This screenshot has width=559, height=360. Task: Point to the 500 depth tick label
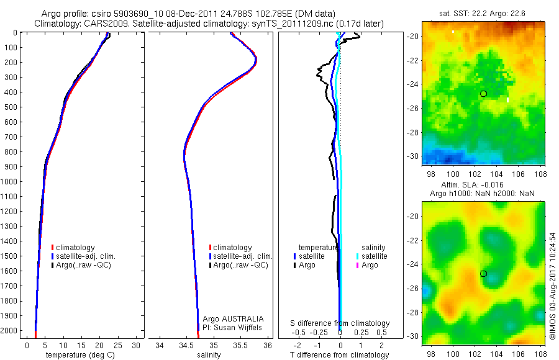(11, 107)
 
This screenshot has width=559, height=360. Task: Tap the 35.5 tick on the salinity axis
(240, 345)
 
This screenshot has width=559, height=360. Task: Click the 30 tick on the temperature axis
(136, 345)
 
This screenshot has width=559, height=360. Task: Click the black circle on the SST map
(483, 94)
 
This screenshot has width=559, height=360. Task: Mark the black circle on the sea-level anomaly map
(483, 274)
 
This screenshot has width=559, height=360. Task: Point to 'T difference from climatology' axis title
(340, 355)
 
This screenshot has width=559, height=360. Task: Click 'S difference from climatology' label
(340, 323)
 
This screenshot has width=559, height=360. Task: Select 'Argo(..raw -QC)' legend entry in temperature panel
(86, 265)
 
